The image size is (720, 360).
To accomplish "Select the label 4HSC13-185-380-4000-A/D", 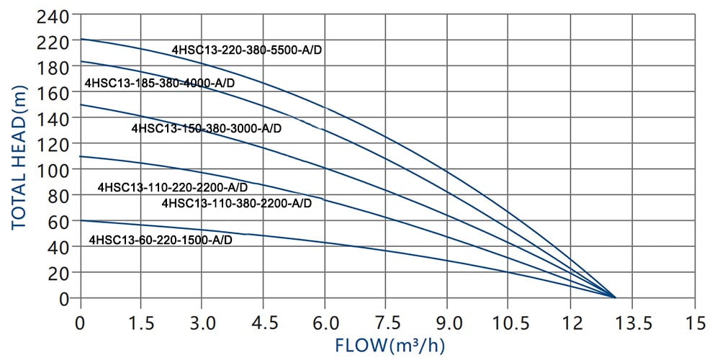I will [160, 83].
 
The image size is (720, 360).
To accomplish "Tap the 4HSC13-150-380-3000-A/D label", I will [206, 129].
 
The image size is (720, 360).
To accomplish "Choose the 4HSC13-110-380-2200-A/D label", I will [237, 203].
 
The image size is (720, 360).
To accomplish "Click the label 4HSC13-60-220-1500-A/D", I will [161, 240].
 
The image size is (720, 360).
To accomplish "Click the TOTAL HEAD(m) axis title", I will [19, 156].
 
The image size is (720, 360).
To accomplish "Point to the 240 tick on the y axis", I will [53, 16].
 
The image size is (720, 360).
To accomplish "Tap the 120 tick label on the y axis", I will [53, 144].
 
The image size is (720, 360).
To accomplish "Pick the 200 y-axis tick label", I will [53, 42].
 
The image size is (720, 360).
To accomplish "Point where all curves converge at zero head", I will [614, 297].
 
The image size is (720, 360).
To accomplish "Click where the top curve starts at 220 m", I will [80, 39].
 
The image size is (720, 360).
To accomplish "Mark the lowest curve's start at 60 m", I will [80, 220].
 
